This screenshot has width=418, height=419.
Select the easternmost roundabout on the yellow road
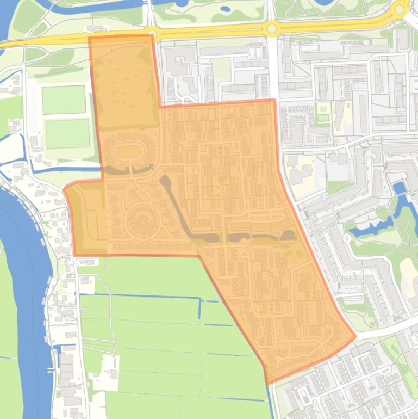[400, 8]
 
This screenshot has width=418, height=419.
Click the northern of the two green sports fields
[64, 99]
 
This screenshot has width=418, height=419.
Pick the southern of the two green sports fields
[67, 134]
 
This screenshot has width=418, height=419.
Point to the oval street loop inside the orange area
[126, 151]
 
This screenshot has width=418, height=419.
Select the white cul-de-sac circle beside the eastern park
[347, 238]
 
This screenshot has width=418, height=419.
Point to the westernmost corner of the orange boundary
[64, 190]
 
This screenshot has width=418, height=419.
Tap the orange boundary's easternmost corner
[355, 336]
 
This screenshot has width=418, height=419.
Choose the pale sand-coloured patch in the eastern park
[409, 269]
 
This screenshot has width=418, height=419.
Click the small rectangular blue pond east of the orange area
[400, 188]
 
